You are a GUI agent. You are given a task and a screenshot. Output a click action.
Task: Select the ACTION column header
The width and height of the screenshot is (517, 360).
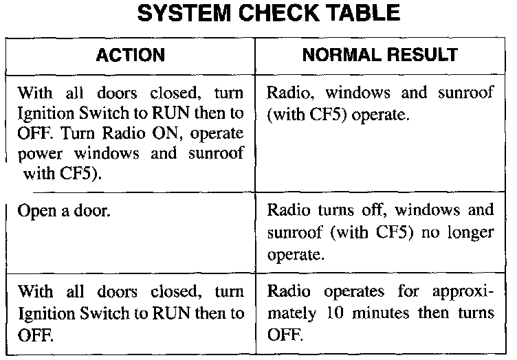(x=130, y=54)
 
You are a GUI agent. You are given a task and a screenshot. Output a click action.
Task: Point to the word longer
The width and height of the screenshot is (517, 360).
(x=470, y=232)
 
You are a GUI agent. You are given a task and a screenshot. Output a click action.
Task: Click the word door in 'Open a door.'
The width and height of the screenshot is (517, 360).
(x=93, y=210)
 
